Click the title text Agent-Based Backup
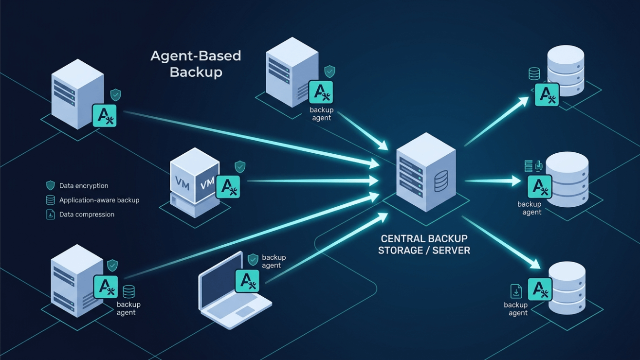point(196,64)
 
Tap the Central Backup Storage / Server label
point(424,245)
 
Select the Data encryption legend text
point(84,186)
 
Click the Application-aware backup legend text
point(99,200)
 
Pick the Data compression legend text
point(87,215)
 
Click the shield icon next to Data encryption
point(51,185)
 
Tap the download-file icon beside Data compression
point(51,215)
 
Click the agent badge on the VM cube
point(228,187)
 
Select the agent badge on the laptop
point(247,281)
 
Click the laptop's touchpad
point(245,311)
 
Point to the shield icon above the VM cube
point(240,167)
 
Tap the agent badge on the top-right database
point(547,95)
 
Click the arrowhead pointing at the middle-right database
point(516,181)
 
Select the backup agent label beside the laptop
point(274,261)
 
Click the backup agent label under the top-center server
point(321,114)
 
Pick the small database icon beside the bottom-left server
point(128,291)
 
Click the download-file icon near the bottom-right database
point(516,291)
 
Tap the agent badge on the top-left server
point(105,116)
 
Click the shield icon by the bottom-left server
point(112,266)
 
